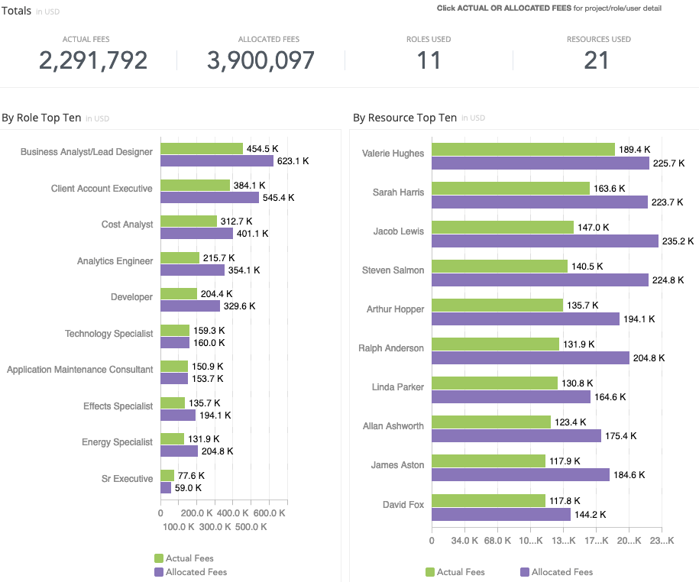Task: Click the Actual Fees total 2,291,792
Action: (x=92, y=61)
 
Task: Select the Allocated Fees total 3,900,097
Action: (x=261, y=61)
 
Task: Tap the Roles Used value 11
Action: (x=429, y=61)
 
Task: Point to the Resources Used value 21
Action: (x=597, y=61)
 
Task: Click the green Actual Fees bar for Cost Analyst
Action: (x=189, y=221)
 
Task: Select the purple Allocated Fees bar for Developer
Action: (x=190, y=306)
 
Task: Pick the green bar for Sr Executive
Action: (x=167, y=476)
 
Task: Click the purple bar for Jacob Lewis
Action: (x=545, y=241)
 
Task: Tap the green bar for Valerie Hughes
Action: (x=523, y=150)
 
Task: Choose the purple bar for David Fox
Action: (x=501, y=515)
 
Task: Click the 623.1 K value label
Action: (x=293, y=161)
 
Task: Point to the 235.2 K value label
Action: (x=678, y=241)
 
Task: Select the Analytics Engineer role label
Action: (x=115, y=261)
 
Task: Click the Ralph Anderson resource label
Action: (x=391, y=348)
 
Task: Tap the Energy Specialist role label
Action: (x=117, y=442)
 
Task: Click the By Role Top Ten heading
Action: (x=41, y=118)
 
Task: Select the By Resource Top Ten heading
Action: (x=405, y=118)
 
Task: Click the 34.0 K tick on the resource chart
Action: (x=464, y=541)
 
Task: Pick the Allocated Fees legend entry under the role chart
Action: (x=196, y=572)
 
